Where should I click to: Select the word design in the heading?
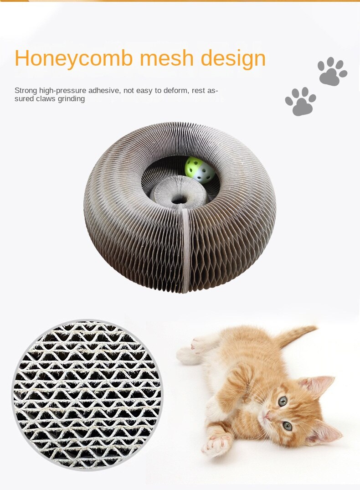(x=233, y=59)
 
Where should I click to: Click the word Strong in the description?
(x=26, y=91)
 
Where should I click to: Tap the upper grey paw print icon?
(x=332, y=71)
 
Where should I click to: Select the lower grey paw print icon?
(x=300, y=101)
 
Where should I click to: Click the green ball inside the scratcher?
(x=200, y=170)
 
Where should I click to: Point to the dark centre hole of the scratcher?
(x=179, y=199)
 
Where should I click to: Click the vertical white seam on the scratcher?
(x=185, y=251)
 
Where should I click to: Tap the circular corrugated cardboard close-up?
(x=87, y=395)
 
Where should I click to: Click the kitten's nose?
(x=268, y=415)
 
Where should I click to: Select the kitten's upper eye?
(x=283, y=401)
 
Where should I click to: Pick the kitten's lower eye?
(x=288, y=426)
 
